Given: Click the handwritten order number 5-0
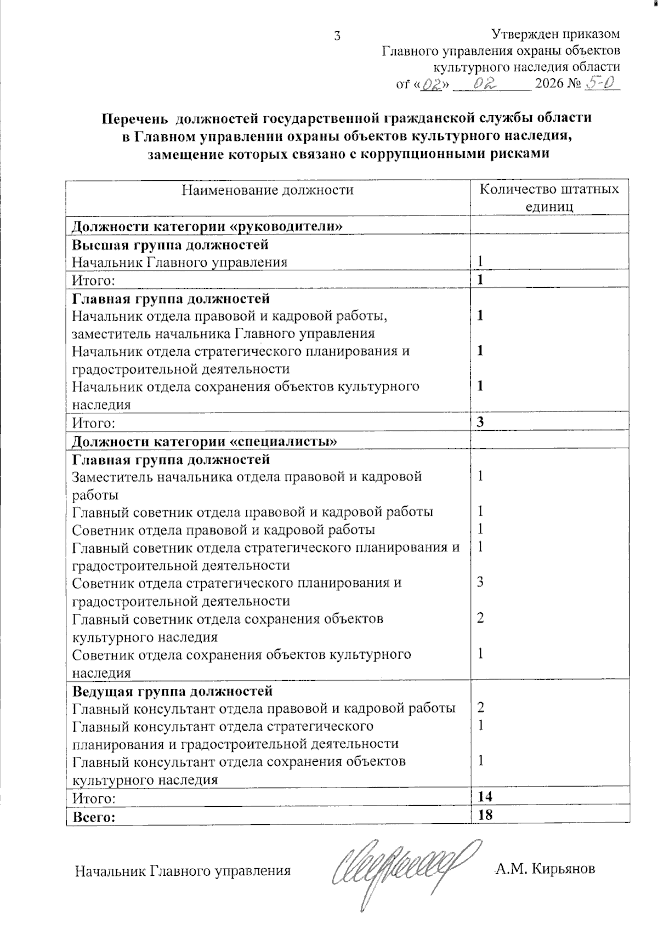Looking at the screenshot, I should tap(602, 83).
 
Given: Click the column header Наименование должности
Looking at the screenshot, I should tap(268, 190).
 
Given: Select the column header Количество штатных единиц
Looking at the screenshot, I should tap(549, 198).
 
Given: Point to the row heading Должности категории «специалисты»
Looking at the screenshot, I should tap(205, 441).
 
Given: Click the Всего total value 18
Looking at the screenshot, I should tap(485, 814).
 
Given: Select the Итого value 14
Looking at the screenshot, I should tap(485, 796).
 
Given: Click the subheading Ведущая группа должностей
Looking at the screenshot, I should tap(172, 689).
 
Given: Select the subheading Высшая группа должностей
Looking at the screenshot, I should tap(170, 244).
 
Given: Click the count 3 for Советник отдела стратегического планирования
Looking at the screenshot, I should tap(480, 582).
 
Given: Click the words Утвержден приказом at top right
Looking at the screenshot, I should tap(555, 34).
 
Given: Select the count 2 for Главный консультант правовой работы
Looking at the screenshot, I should tap(480, 707).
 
